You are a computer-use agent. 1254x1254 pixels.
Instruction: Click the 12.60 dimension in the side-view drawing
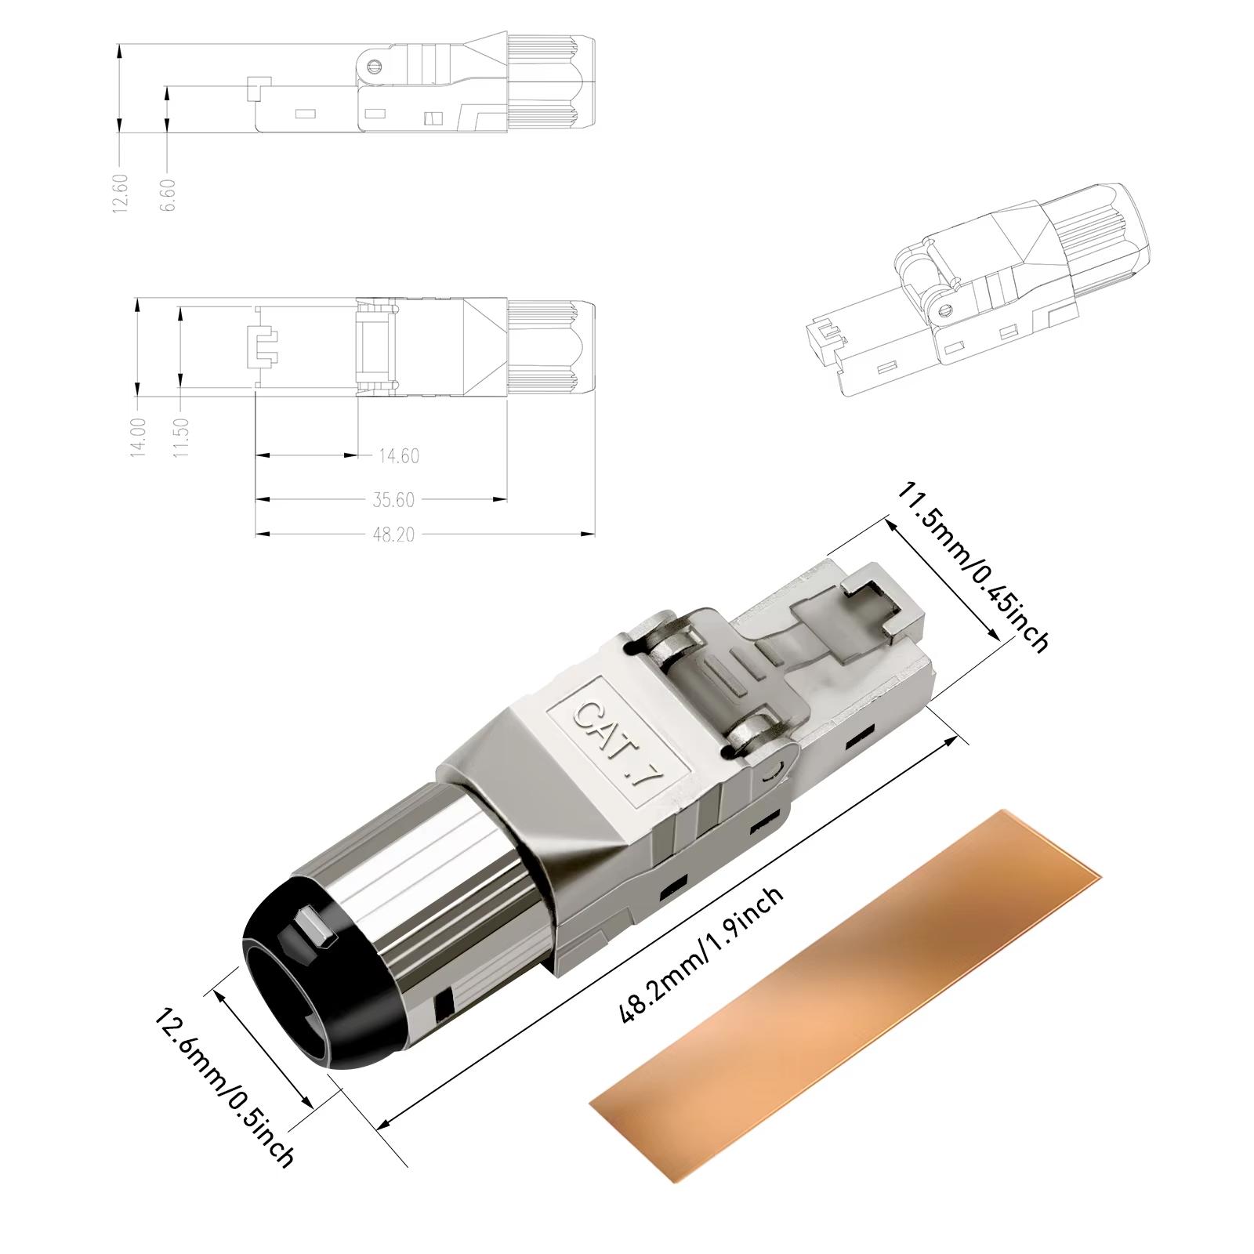point(119,193)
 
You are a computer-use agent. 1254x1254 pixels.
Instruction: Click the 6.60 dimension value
point(168,194)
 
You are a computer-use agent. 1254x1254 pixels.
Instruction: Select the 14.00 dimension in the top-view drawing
point(138,437)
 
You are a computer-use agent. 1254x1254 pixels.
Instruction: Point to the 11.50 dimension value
point(181,437)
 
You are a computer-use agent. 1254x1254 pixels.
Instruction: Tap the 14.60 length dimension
point(398,455)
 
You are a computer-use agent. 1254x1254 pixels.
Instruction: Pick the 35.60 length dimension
point(393,499)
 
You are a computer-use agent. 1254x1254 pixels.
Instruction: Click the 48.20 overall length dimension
point(393,535)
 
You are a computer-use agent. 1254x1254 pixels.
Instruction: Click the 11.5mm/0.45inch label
point(973,567)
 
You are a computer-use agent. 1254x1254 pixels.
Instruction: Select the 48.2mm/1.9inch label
point(701,955)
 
